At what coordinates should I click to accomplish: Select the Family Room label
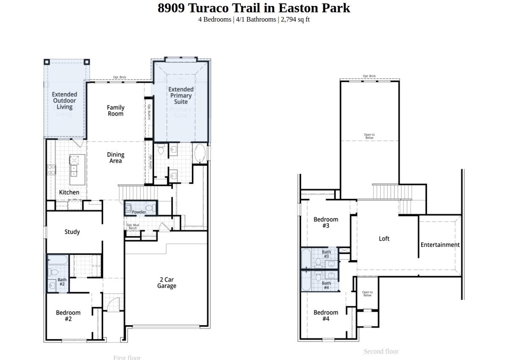click(115, 111)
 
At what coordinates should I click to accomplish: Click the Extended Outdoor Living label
click(65, 101)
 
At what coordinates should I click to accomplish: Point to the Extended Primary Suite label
click(181, 95)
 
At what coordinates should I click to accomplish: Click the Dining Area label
click(115, 158)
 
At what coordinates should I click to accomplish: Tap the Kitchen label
click(69, 192)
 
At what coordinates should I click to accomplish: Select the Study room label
click(72, 232)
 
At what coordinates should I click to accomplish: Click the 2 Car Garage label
click(166, 282)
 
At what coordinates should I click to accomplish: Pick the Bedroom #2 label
click(68, 316)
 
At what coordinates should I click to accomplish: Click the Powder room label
click(139, 212)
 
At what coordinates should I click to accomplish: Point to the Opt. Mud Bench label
click(133, 227)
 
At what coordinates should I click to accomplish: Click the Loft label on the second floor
click(384, 238)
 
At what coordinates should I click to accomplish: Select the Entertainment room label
click(440, 245)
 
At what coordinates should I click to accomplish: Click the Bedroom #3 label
click(326, 222)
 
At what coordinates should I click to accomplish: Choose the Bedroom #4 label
click(326, 316)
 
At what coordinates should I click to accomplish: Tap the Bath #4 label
click(326, 285)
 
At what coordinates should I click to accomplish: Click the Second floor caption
click(381, 351)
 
